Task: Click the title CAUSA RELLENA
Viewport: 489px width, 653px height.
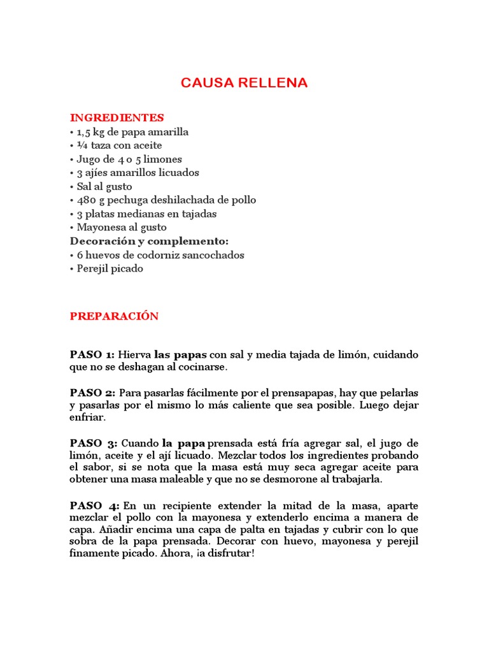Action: pos(244,83)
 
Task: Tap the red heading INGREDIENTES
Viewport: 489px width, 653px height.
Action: pos(117,117)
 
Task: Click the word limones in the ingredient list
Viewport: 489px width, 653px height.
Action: pos(163,159)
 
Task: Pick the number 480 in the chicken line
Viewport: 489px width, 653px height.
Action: pos(87,200)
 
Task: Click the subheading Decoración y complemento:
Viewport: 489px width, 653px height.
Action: pos(148,241)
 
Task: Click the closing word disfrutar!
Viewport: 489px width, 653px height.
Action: pos(228,554)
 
